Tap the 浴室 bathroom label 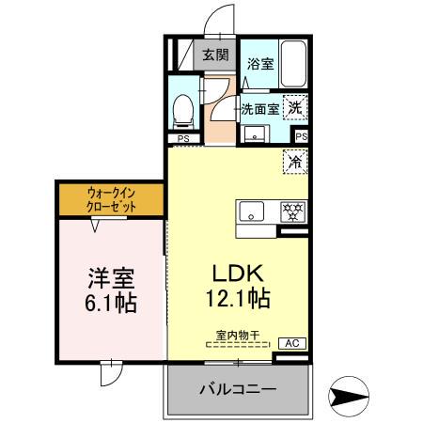click(x=259, y=64)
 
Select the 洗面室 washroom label click(x=259, y=108)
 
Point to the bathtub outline click(x=295, y=64)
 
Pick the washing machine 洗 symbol click(x=295, y=107)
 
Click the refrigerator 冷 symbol click(x=295, y=161)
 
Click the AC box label click(x=291, y=343)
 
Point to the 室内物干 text click(x=237, y=334)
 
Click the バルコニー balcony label click(x=237, y=389)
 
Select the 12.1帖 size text click(x=239, y=300)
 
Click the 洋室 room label click(x=112, y=278)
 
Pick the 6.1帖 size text click(x=112, y=304)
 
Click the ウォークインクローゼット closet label click(x=112, y=199)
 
